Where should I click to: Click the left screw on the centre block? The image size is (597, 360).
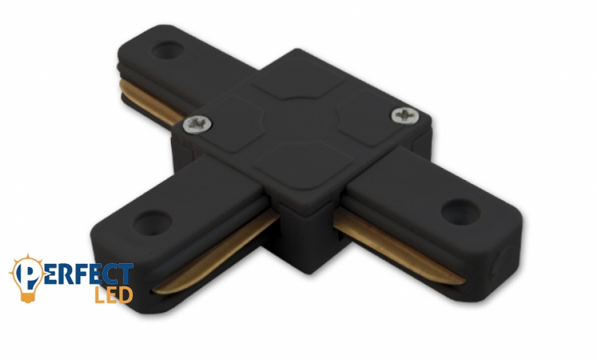[197, 124]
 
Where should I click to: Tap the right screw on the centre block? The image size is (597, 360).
[406, 114]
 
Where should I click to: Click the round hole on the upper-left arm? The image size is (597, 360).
[167, 50]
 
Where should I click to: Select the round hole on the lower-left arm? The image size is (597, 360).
[152, 223]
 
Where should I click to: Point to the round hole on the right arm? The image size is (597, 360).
[460, 211]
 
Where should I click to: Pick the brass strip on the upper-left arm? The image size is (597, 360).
[152, 103]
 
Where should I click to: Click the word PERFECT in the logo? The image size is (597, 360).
[73, 273]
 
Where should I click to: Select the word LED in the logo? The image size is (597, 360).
[113, 295]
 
